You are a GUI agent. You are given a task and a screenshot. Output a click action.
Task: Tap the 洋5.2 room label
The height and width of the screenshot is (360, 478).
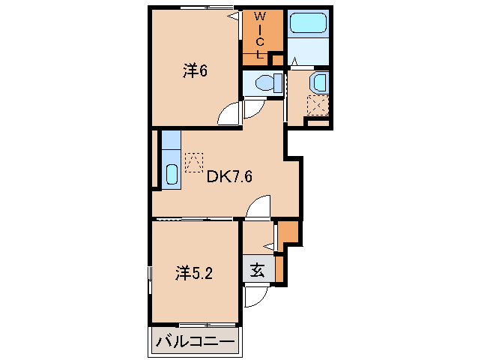click(x=196, y=274)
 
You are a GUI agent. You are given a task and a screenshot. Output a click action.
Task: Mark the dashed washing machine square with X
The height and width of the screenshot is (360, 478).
click(x=318, y=106)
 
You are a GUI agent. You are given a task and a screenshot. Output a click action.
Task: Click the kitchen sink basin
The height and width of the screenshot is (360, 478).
click(x=171, y=177)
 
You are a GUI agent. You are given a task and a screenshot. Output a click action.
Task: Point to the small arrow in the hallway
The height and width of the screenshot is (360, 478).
click(x=270, y=244)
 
